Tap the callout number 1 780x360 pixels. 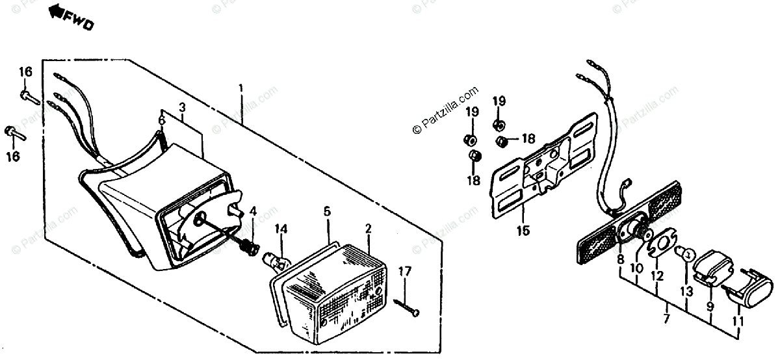tap(240, 88)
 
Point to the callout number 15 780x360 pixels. tap(523, 230)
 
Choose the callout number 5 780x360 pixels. tap(327, 211)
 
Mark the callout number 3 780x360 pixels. tap(182, 107)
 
